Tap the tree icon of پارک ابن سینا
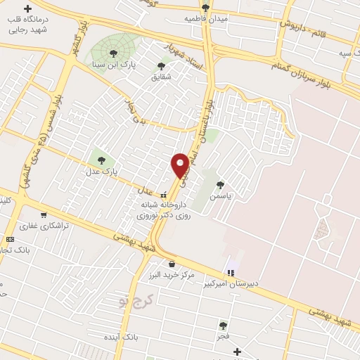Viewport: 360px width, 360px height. (113, 53)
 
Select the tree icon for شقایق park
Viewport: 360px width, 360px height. (161, 66)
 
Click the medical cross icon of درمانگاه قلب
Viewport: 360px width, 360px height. (27, 10)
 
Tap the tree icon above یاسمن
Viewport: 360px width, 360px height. (221, 185)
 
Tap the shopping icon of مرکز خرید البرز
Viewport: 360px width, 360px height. (172, 264)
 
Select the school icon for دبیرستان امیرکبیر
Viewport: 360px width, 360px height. (230, 273)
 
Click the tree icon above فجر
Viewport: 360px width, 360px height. (223, 326)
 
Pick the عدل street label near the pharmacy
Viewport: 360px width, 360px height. (144, 191)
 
